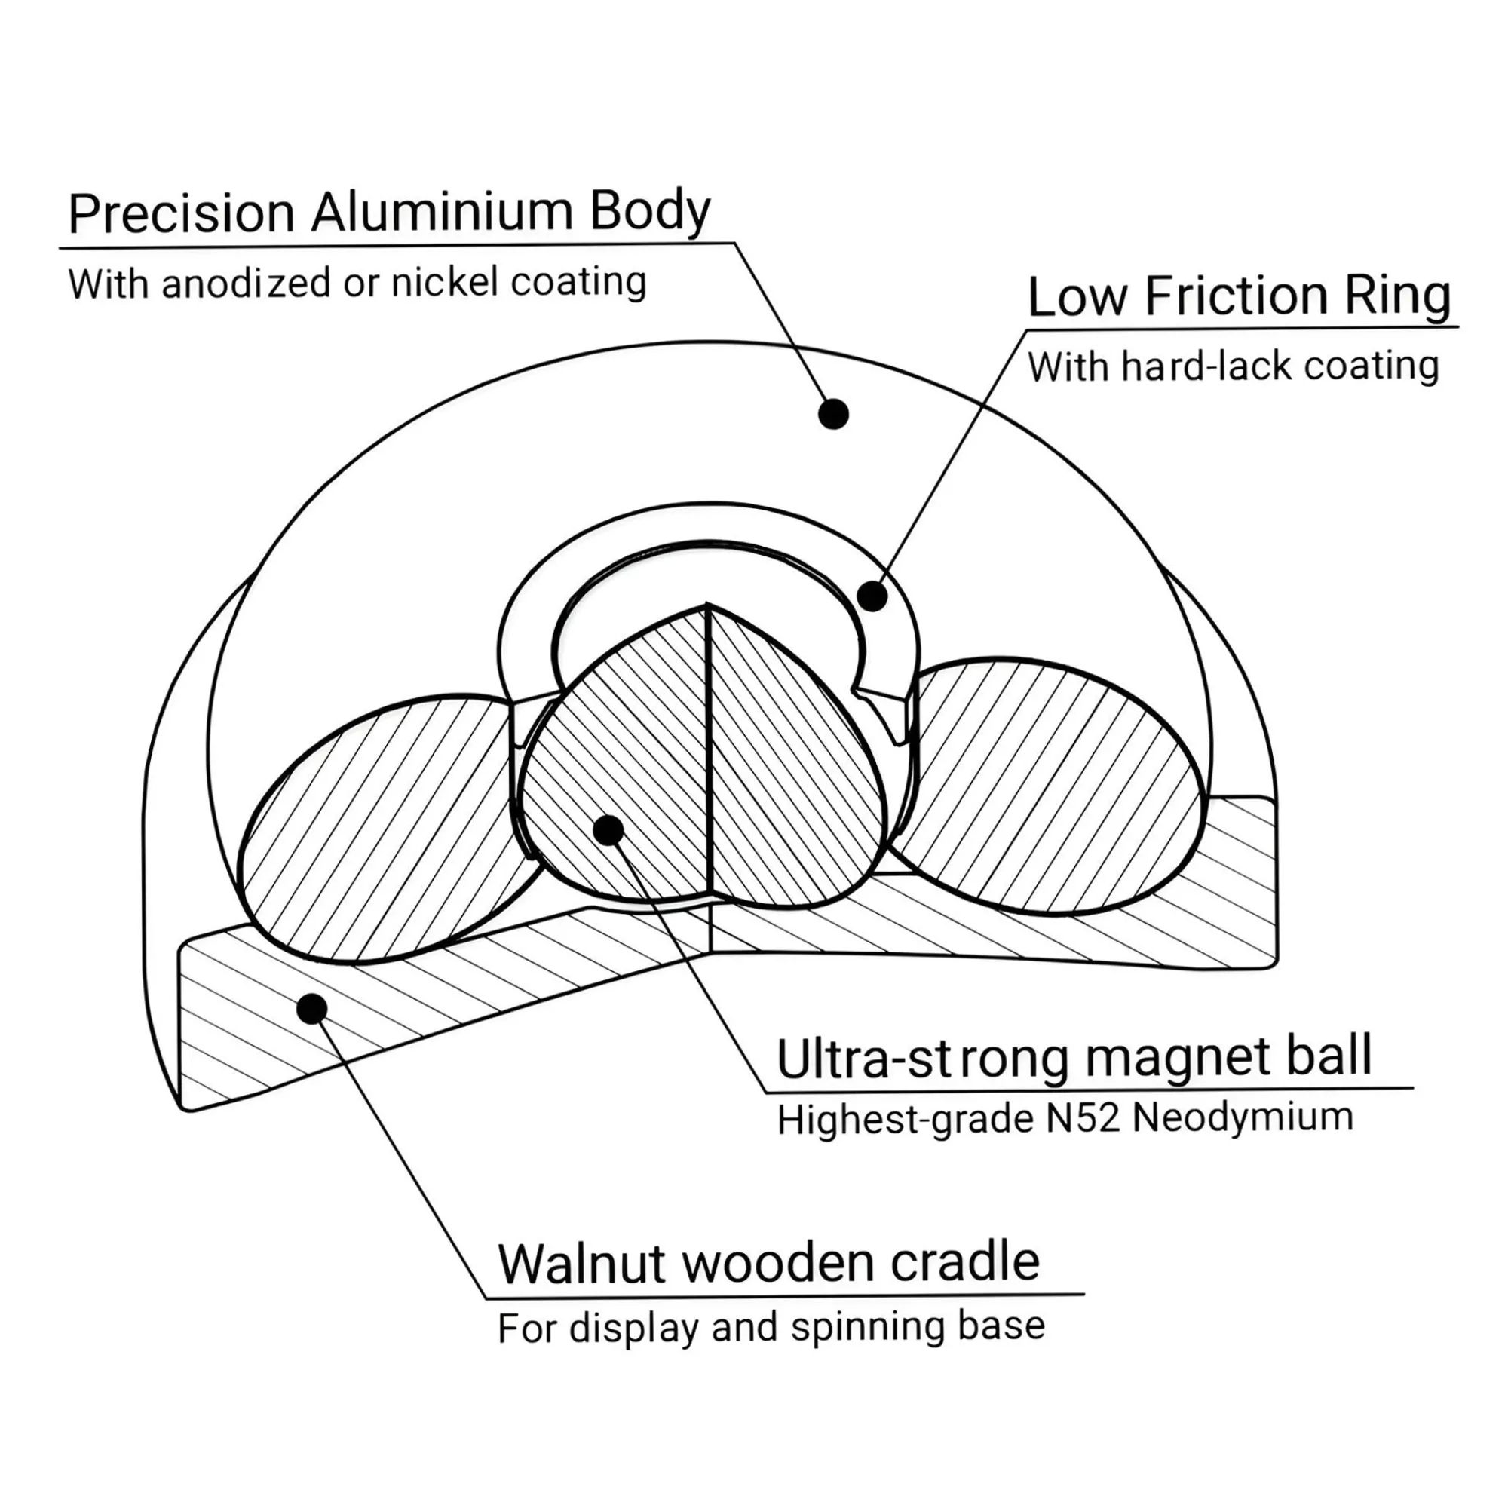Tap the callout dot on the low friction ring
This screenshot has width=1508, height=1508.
pos(872,596)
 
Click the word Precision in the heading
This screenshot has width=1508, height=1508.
pos(181,213)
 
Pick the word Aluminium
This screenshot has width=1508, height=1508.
pos(442,212)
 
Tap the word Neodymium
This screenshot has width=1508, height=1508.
pos(1243,1118)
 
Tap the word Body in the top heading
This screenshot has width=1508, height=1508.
pos(649,212)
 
